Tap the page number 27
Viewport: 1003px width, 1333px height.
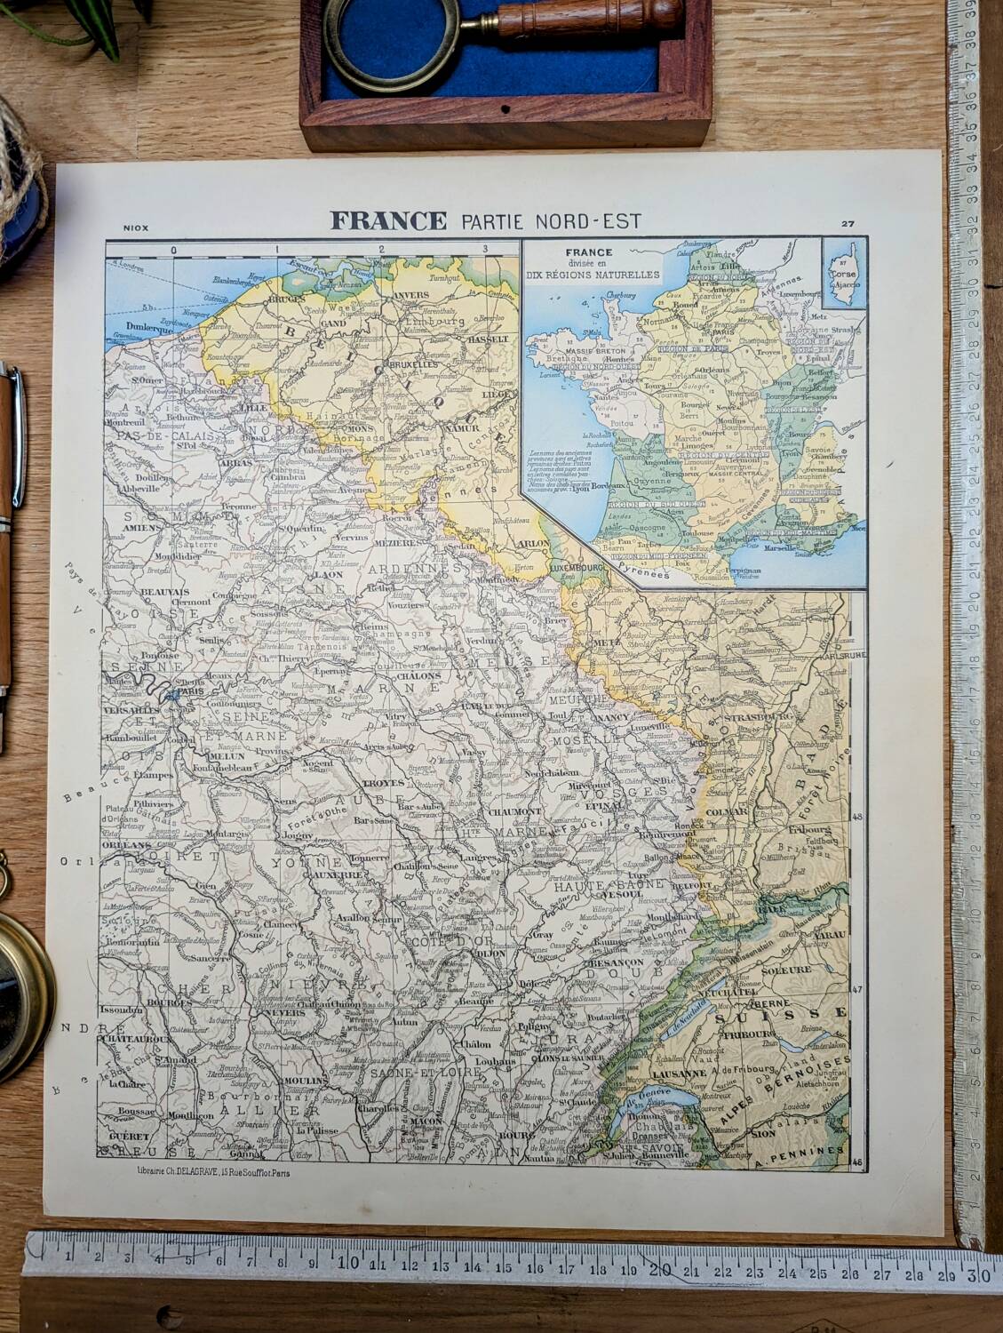tap(848, 224)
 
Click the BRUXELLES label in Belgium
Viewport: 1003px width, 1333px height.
tap(414, 364)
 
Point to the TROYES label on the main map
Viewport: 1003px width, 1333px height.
tap(384, 785)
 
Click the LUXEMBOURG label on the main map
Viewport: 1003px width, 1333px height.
tap(576, 565)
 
